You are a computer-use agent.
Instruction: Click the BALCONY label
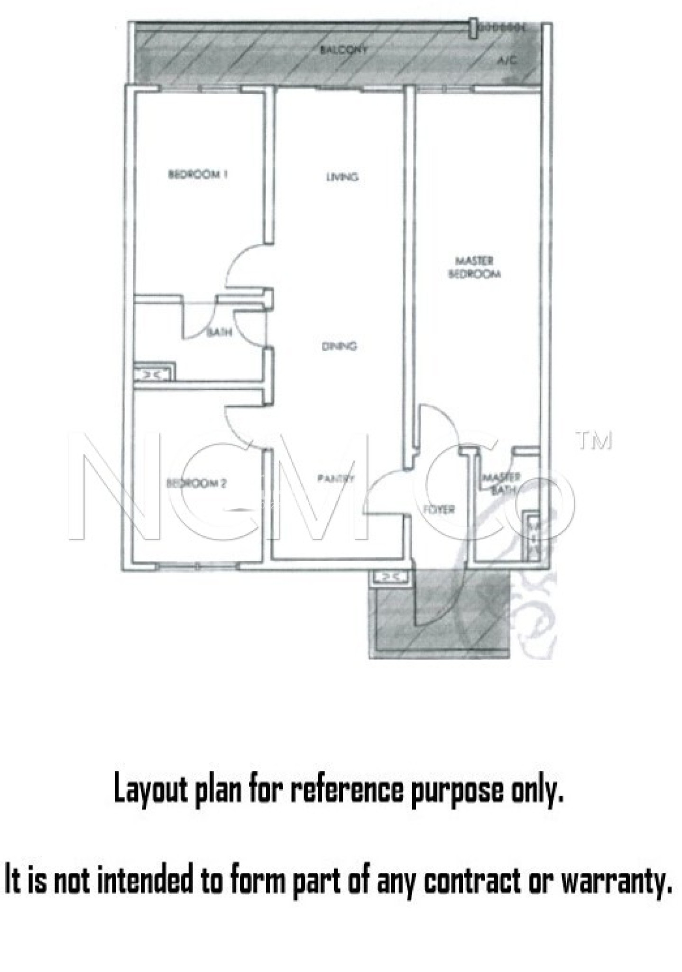pyautogui.click(x=343, y=50)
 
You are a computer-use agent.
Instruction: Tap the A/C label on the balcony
pyautogui.click(x=507, y=61)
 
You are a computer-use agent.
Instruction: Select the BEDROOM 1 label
pyautogui.click(x=198, y=174)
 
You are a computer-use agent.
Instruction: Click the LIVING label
pyautogui.click(x=342, y=177)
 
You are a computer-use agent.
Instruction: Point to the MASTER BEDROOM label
pyautogui.click(x=474, y=267)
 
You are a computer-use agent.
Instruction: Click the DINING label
pyautogui.click(x=340, y=346)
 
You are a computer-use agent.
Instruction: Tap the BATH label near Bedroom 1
pyautogui.click(x=220, y=332)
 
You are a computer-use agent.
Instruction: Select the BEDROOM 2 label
pyautogui.click(x=196, y=484)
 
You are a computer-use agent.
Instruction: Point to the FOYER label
pyautogui.click(x=439, y=509)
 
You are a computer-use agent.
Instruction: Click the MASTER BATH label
pyautogui.click(x=501, y=483)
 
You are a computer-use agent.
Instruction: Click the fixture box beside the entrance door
pyautogui.click(x=389, y=577)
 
